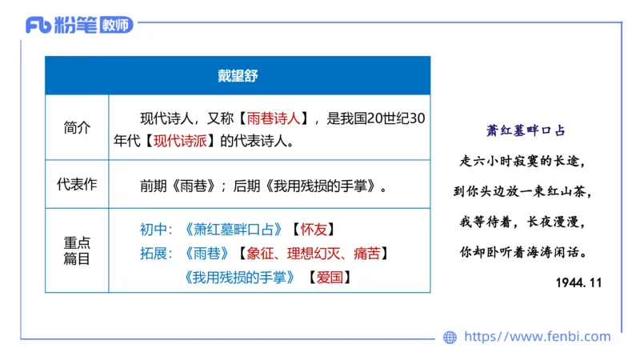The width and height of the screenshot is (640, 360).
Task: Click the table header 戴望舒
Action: point(237,76)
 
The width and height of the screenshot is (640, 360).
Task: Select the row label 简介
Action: point(77,127)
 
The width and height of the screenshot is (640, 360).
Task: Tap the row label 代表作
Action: point(77,184)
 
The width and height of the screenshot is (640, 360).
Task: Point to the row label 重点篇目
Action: point(77,250)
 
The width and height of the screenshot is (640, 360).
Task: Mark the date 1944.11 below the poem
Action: point(578,282)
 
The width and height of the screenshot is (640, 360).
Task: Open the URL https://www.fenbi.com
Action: point(537,337)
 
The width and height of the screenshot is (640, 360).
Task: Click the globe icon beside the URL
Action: point(450,338)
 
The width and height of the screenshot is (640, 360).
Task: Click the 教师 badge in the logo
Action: point(117,26)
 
